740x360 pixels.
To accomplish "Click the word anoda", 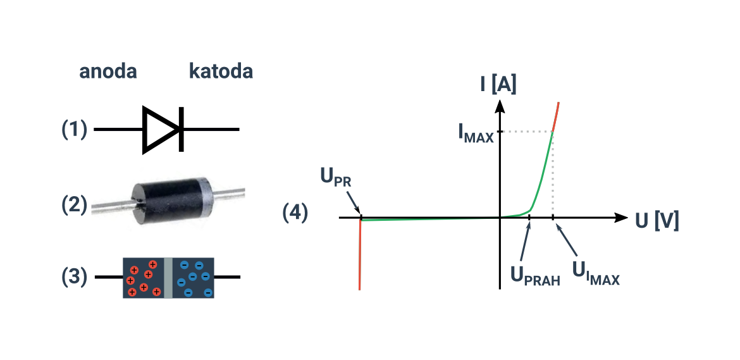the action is coord(108,71).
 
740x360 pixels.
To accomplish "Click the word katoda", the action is coord(221,71).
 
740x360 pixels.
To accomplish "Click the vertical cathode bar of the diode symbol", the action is coord(182,129).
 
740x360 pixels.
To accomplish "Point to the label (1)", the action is coord(75,130).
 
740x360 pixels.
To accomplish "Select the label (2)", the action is coord(75,205).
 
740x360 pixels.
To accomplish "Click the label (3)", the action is coord(75,277).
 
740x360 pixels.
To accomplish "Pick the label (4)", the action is coord(295,213).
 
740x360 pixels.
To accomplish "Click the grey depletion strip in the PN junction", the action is coord(168,278).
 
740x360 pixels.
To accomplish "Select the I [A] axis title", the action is coord(498,85).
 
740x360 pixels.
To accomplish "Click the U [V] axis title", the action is coord(657,221).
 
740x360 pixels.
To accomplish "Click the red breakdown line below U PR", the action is coord(360,255).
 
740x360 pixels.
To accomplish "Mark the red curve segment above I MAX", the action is coord(555,116).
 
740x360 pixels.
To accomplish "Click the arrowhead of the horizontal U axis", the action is coord(622,218).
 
